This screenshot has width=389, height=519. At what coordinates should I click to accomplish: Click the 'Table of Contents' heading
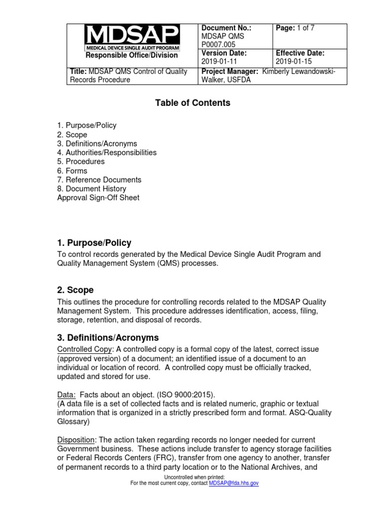[x=192, y=103]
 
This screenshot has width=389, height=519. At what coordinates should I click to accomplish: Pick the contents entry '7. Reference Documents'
[x=99, y=180]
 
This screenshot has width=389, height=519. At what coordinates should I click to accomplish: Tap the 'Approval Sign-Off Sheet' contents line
[x=98, y=198]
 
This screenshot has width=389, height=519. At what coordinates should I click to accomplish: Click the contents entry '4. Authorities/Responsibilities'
[x=107, y=153]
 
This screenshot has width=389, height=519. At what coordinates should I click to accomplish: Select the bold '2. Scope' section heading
[x=75, y=290]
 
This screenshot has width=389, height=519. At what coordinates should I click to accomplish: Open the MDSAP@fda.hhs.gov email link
[x=234, y=484]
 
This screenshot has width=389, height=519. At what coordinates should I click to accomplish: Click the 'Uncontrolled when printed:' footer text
[x=194, y=477]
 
